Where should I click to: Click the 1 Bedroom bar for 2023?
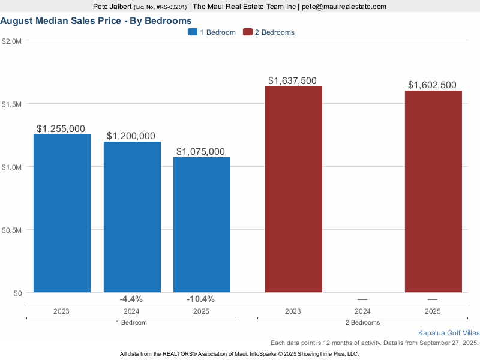[62, 213]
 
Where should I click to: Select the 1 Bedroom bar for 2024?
[132, 217]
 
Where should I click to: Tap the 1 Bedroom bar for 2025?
[202, 224]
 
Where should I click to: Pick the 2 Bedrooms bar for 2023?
[293, 189]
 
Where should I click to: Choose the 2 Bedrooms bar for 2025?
[433, 191]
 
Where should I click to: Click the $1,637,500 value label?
[292, 81]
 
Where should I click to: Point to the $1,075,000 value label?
[200, 152]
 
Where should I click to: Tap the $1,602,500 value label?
[432, 85]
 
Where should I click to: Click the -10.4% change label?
[200, 299]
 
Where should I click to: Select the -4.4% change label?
[131, 299]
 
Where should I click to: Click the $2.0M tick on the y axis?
[12, 41]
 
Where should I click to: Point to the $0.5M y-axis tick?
[12, 230]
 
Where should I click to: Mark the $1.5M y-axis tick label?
[12, 104]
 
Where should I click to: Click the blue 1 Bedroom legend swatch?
[193, 32]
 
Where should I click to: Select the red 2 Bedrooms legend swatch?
[248, 32]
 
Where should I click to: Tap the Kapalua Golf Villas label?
[449, 332]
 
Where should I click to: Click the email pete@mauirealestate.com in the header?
[344, 7]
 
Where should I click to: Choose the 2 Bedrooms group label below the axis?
[362, 323]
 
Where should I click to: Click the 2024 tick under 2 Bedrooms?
[362, 311]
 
